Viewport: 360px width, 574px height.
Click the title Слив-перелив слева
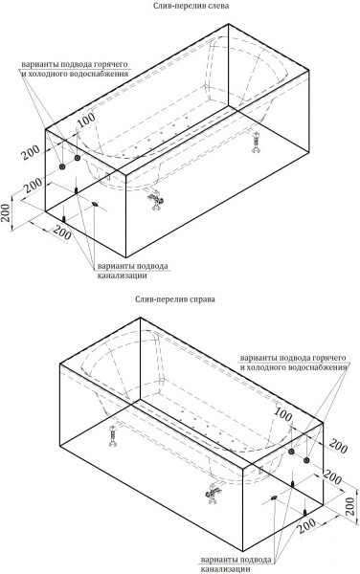pyautogui.click(x=191, y=6)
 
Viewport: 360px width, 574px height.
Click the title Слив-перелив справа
pyautogui.click(x=175, y=299)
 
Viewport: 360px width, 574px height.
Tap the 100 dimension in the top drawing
pyautogui.click(x=86, y=120)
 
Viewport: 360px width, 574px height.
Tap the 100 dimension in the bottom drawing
pyautogui.click(x=283, y=415)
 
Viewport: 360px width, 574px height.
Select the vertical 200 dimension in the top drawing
pyautogui.click(x=6, y=212)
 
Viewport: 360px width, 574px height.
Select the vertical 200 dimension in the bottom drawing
pyautogui.click(x=350, y=506)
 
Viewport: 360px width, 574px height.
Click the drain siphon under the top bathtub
pyautogui.click(x=156, y=200)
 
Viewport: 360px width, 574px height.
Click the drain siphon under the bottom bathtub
pyautogui.click(x=213, y=493)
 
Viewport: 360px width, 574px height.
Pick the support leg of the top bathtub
pyautogui.click(x=256, y=141)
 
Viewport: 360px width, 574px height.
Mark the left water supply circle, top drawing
pyautogui.click(x=62, y=166)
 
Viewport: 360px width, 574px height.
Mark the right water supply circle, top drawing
pyautogui.click(x=78, y=158)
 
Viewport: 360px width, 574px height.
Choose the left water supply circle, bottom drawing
pyautogui.click(x=291, y=452)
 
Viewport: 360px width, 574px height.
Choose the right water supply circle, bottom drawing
pyautogui.click(x=307, y=460)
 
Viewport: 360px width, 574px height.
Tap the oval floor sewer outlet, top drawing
pyautogui.click(x=95, y=204)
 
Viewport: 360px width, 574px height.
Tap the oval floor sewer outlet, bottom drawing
pyautogui.click(x=274, y=497)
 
